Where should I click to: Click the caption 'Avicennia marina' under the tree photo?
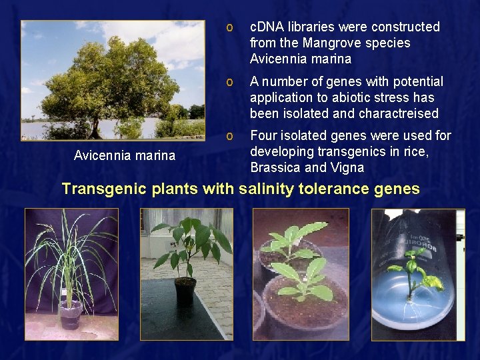tap(125, 156)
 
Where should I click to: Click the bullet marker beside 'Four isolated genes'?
tap(229, 136)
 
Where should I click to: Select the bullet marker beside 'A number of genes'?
tap(229, 81)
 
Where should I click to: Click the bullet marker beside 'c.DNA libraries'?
tap(229, 27)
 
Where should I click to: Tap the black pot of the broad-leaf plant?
tap(185, 291)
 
